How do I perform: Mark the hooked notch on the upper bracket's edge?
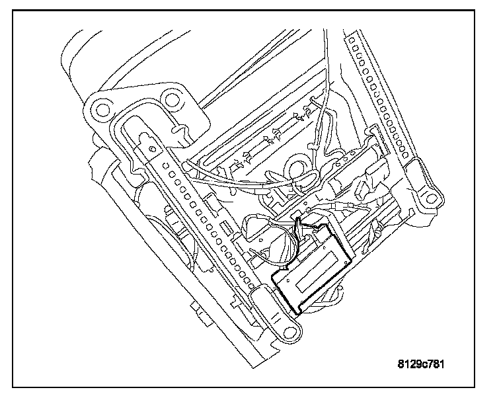[178, 132]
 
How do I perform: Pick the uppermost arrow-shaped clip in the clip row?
[309, 106]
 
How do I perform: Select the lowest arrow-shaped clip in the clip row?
[239, 162]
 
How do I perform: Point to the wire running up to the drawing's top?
[326, 66]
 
